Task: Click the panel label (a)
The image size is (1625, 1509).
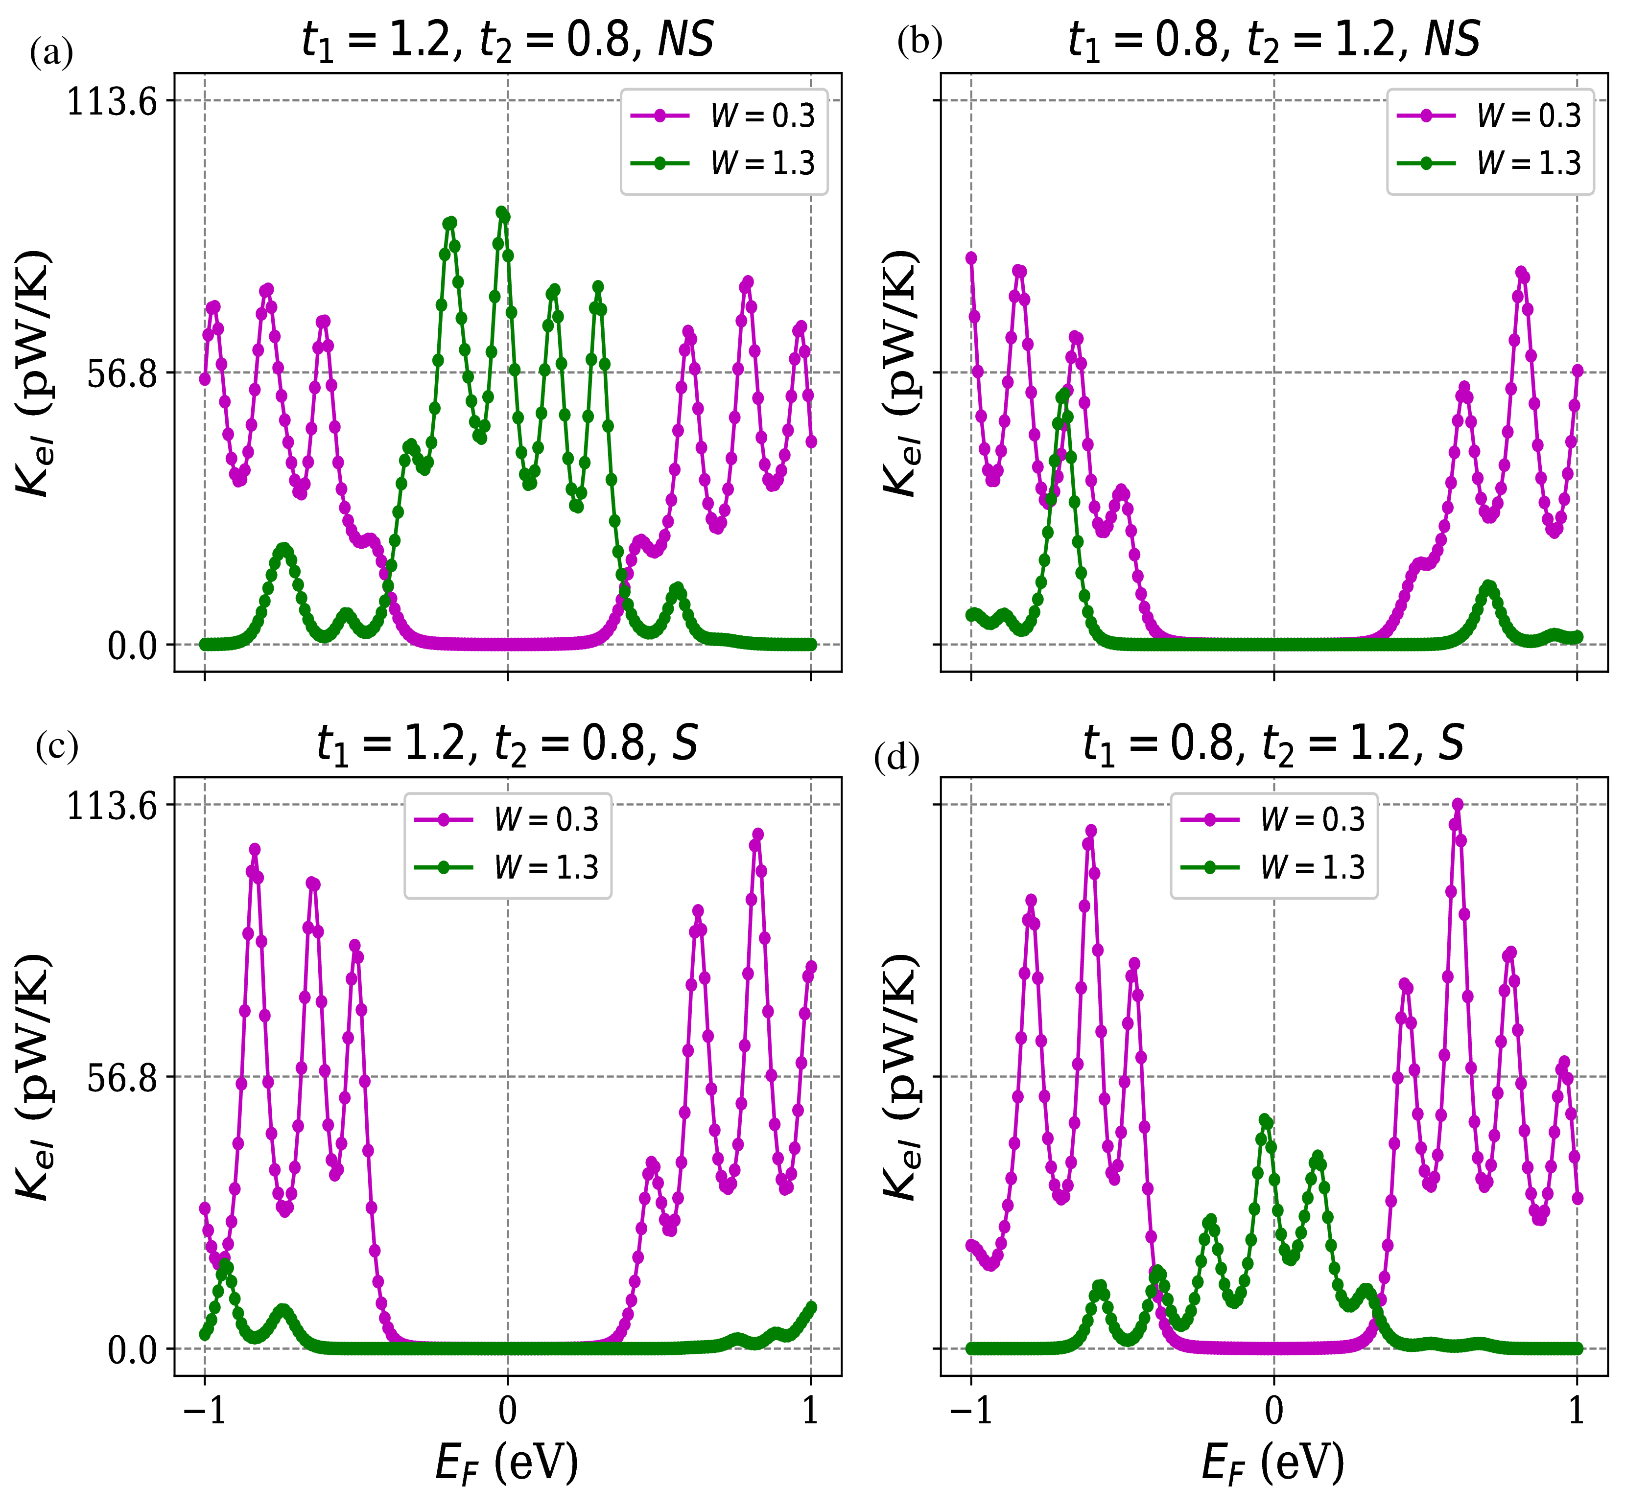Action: (51, 54)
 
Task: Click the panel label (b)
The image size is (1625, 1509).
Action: (919, 41)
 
